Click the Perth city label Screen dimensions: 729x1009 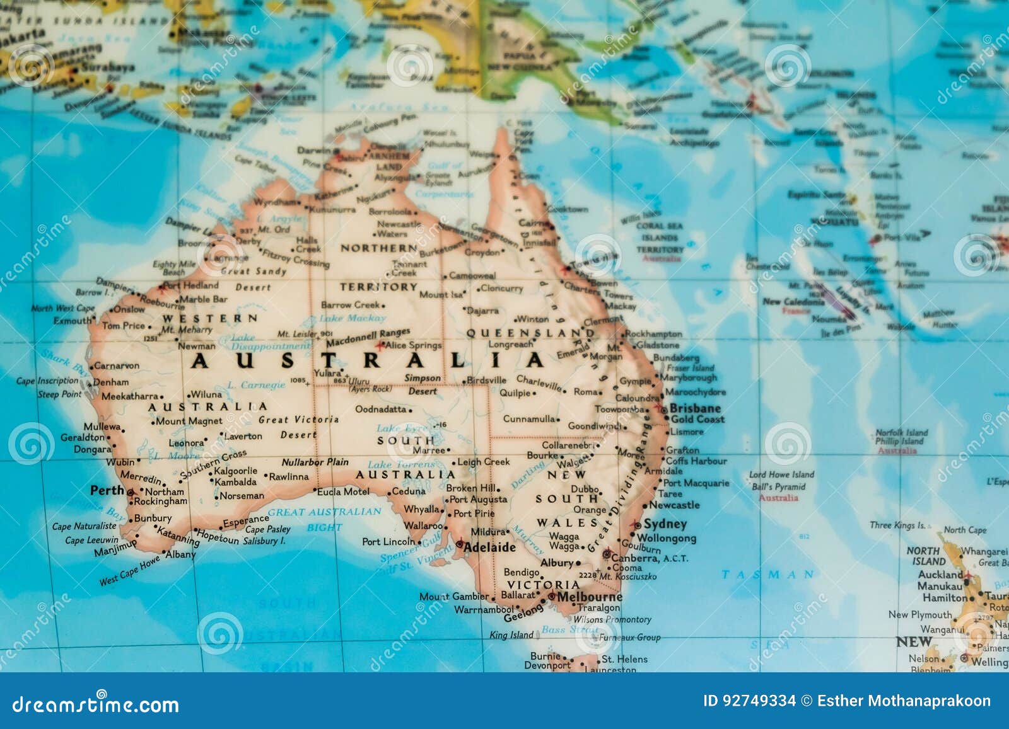107,490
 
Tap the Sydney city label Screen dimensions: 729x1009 665,524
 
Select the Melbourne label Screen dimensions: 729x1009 590,597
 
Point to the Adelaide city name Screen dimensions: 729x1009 489,548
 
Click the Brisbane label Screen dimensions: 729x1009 695,408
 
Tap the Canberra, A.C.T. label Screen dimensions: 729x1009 650,558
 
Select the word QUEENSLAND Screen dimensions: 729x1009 530,332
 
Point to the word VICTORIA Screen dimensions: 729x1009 543,585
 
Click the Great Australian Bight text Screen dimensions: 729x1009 324,518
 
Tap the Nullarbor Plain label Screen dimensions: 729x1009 315,462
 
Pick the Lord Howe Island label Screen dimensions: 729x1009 781,474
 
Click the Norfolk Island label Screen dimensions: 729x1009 901,433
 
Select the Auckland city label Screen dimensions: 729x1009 940,574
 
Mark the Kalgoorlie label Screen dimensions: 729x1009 235,471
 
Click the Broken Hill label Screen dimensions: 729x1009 472,488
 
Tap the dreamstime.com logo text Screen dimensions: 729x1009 96,704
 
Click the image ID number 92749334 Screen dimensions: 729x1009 749,701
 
